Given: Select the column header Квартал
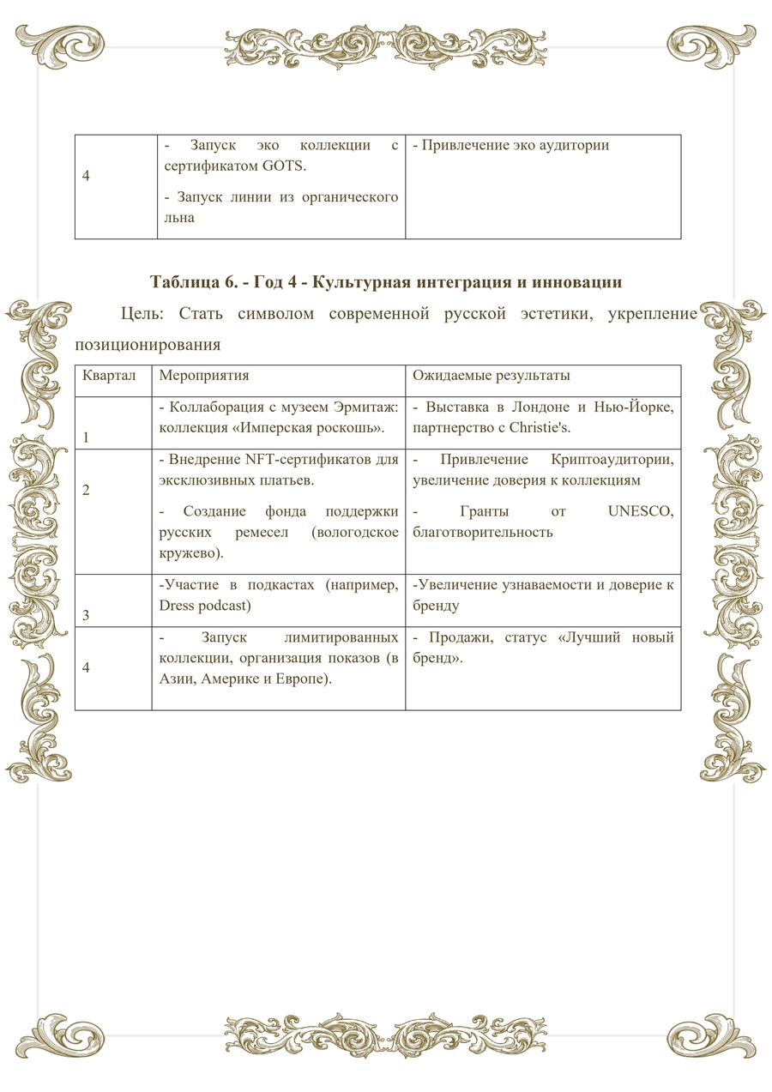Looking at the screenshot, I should tap(110, 376).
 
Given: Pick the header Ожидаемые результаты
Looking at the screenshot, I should tap(492, 376).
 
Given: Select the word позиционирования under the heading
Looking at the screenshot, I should tap(148, 345).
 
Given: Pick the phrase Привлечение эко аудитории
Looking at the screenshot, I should tap(511, 145).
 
